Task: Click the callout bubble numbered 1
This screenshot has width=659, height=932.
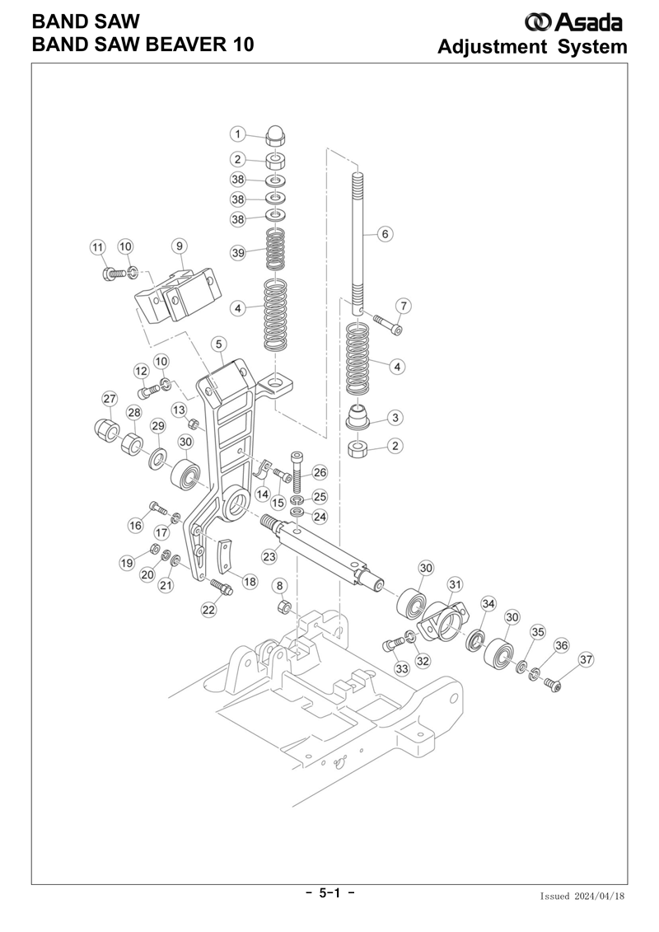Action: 238,134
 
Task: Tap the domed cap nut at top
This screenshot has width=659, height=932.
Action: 274,137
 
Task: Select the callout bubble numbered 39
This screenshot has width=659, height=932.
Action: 238,253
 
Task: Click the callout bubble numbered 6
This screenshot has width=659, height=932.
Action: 385,234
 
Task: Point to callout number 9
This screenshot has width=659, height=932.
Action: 179,246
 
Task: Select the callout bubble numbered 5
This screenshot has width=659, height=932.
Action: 218,344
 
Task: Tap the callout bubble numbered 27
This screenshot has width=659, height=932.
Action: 110,399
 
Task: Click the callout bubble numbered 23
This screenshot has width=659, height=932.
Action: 269,557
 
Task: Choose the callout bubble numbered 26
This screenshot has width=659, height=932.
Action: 320,473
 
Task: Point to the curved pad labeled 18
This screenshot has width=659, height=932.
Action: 224,555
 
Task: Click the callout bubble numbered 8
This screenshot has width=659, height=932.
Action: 280,586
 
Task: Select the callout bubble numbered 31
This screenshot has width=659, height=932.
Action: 455,585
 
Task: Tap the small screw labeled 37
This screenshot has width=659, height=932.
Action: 554,687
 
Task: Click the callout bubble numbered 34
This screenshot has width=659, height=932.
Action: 488,605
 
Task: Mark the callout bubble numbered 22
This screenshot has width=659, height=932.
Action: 208,610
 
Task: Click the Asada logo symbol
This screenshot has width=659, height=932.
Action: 538,22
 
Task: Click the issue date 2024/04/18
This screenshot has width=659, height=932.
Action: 600,897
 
